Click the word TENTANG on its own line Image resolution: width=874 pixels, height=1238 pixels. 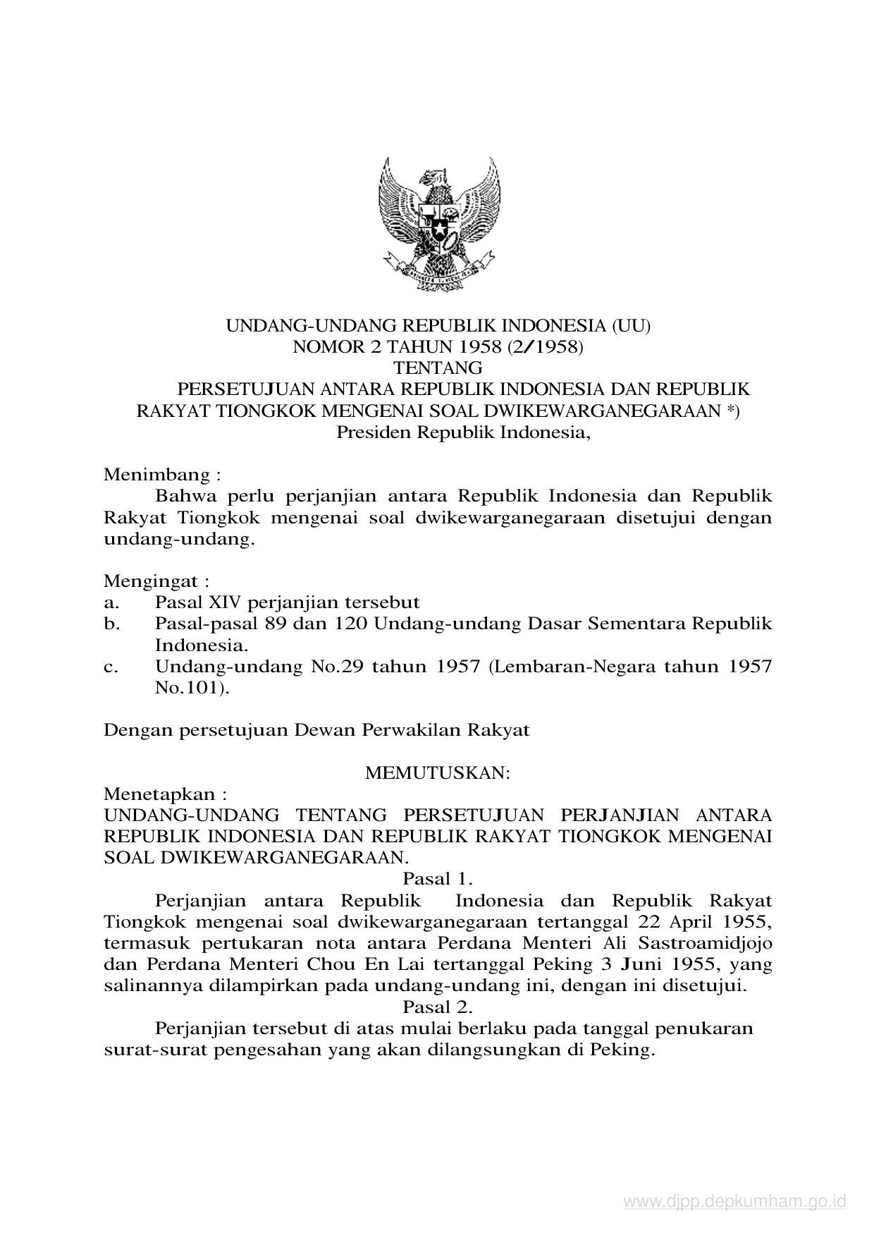pyautogui.click(x=438, y=368)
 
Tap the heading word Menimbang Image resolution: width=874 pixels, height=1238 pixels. pyautogui.click(x=157, y=474)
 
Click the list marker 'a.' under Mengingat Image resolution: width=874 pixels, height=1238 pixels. pyautogui.click(x=110, y=602)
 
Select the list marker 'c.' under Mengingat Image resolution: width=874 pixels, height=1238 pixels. pyautogui.click(x=110, y=666)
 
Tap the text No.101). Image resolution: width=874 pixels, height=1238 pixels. pyautogui.click(x=192, y=687)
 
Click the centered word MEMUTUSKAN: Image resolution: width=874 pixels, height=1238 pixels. pyautogui.click(x=437, y=772)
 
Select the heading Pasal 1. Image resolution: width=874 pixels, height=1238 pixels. pyautogui.click(x=437, y=879)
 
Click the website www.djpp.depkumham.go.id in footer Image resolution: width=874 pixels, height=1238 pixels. pyautogui.click(x=734, y=1202)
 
